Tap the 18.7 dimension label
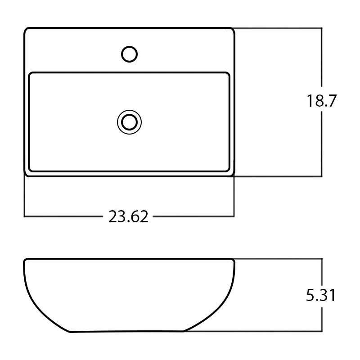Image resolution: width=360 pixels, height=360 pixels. coord(321,100)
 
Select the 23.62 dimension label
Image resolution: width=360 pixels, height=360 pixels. coord(128,216)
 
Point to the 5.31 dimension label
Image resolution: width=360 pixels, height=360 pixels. coord(321,295)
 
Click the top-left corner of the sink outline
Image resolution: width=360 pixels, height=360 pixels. coord(25,28)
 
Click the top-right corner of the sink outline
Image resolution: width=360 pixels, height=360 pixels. coord(234,28)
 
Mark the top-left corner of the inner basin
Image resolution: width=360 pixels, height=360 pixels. coord(29,73)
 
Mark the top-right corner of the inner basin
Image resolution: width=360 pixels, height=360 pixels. coord(229,73)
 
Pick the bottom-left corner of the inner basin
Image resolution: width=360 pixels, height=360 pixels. coord(29,171)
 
